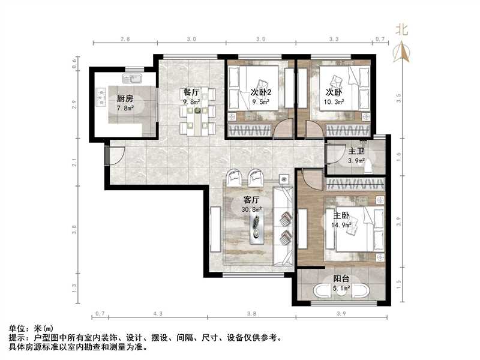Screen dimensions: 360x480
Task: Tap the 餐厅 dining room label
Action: coord(191,92)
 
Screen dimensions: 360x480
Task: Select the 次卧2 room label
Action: coord(261,92)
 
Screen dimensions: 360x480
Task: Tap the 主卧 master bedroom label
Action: coord(342,216)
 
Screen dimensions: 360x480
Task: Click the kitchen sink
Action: coord(131,79)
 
